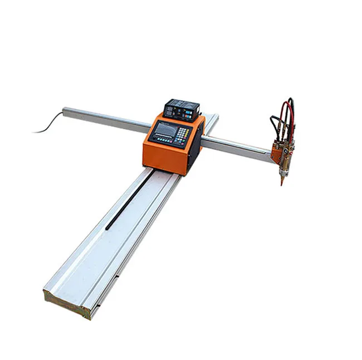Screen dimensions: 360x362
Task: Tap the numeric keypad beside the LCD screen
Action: [x=183, y=134]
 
